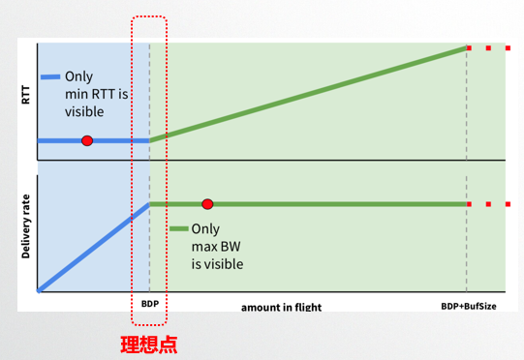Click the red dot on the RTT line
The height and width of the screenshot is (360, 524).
[x=87, y=140]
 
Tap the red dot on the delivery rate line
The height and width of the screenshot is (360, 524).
[x=207, y=204]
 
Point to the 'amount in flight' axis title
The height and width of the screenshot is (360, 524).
[x=281, y=307]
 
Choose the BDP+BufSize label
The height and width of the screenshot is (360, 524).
[x=467, y=306]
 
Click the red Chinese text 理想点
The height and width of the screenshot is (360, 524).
[x=148, y=343]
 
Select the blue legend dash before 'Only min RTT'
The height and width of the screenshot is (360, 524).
[x=51, y=76]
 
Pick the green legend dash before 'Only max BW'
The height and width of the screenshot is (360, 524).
[x=178, y=229]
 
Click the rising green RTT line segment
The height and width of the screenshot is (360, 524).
[x=310, y=93]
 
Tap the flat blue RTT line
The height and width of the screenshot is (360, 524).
[x=116, y=140]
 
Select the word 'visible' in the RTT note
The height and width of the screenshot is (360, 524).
[x=85, y=111]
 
